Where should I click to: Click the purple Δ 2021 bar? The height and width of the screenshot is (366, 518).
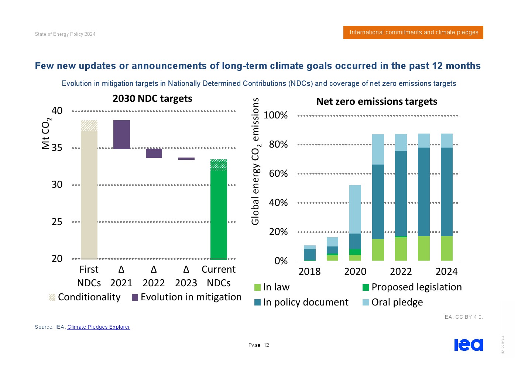point(121,135)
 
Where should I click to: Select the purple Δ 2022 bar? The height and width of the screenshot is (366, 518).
point(154,153)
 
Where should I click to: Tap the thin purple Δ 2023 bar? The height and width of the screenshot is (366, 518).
point(186,159)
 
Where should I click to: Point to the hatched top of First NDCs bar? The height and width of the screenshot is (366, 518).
point(89,125)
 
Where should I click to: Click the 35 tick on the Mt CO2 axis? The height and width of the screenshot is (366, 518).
point(57,148)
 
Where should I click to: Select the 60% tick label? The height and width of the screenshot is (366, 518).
point(278,173)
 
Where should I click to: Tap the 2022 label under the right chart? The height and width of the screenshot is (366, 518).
point(401,272)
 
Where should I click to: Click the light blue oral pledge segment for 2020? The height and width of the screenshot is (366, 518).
point(355,209)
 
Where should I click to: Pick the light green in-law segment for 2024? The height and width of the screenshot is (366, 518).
point(446,248)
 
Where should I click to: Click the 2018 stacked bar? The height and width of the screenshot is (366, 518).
point(310,253)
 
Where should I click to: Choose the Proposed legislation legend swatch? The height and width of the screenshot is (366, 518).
point(366,287)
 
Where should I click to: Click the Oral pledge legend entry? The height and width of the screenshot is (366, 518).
point(397,302)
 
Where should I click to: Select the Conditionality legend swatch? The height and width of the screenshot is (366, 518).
point(52,297)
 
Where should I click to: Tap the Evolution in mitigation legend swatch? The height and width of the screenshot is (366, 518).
point(135,297)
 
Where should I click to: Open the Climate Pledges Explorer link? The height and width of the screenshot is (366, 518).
point(99,327)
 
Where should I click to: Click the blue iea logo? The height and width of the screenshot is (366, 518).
point(468,345)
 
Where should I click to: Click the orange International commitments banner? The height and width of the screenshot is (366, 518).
point(413,32)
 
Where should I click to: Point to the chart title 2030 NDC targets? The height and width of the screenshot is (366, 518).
point(152,99)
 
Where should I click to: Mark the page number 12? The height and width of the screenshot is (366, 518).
point(266,345)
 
